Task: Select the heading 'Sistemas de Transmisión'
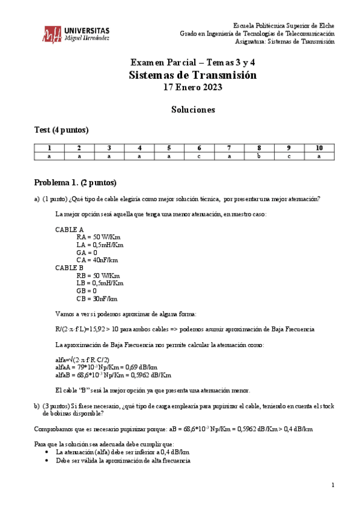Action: pyautogui.click(x=192, y=75)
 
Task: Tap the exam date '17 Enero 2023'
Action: pyautogui.click(x=192, y=87)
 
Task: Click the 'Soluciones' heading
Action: pyautogui.click(x=192, y=110)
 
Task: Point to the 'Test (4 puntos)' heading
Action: pyautogui.click(x=61, y=130)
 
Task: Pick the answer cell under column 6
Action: pyautogui.click(x=200, y=156)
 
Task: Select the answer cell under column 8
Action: pyautogui.click(x=259, y=156)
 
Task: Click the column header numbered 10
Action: pyautogui.click(x=319, y=148)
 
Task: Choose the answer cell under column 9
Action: pyautogui.click(x=288, y=156)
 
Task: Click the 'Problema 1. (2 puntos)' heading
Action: pyautogui.click(x=75, y=182)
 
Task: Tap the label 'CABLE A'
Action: pyautogui.click(x=70, y=230)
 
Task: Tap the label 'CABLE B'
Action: pyautogui.click(x=70, y=268)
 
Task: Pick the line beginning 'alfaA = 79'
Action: pyautogui.click(x=106, y=367)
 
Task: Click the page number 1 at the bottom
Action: pyautogui.click(x=332, y=485)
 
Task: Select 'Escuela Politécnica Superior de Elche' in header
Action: pyautogui.click(x=284, y=26)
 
